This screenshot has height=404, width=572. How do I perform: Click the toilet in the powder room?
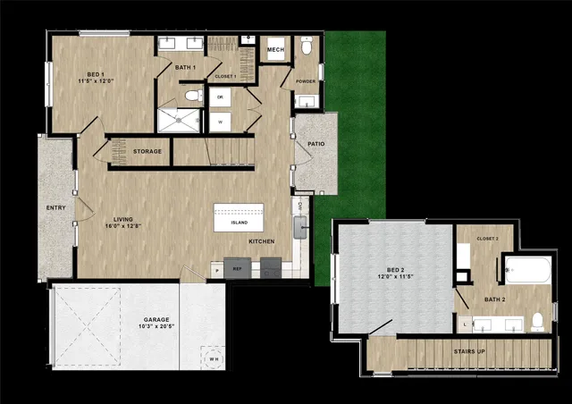coord(307,47)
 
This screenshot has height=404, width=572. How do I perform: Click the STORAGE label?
coord(147,151)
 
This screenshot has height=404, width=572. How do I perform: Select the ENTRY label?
coord(55,208)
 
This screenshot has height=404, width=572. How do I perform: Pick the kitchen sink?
coord(299,230)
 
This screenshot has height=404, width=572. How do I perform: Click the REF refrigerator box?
coord(237,267)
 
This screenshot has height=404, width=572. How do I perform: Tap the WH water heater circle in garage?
coord(212,357)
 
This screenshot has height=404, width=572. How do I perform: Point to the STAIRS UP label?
coord(469,351)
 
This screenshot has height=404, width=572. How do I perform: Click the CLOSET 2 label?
coord(487,239)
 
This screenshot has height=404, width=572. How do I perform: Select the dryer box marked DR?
coord(220,98)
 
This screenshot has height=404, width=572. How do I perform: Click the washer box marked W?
coord(220,122)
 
